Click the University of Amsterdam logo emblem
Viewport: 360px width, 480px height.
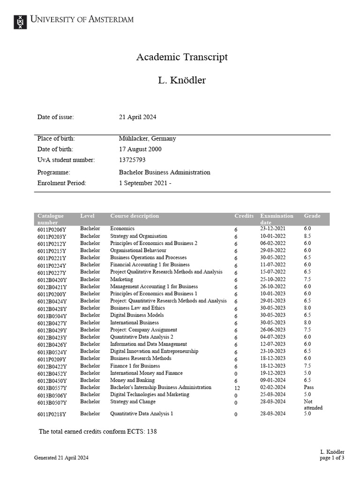pyautogui.click(x=20, y=22)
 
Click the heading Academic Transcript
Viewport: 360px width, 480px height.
pyautogui.click(x=182, y=57)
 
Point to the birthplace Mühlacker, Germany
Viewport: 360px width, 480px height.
pyautogui.click(x=147, y=138)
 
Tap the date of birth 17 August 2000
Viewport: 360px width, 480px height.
pyautogui.click(x=140, y=149)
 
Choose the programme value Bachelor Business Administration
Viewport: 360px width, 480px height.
pyautogui.click(x=165, y=172)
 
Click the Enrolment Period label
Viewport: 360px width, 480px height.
pyautogui.click(x=62, y=183)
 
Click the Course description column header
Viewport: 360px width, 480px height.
pyautogui.click(x=135, y=216)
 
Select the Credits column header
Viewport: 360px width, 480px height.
pyautogui.click(x=244, y=216)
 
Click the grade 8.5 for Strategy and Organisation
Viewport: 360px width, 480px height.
pyautogui.click(x=307, y=236)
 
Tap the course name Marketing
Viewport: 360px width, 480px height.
pyautogui.click(x=121, y=279)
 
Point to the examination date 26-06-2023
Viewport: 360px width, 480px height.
pyautogui.click(x=273, y=330)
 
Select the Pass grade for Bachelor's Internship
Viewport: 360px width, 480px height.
pyautogui.click(x=309, y=387)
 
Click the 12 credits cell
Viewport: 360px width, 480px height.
pyautogui.click(x=237, y=388)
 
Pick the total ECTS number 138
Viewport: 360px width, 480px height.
pyautogui.click(x=152, y=431)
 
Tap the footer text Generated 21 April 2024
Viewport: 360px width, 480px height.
pyautogui.click(x=61, y=457)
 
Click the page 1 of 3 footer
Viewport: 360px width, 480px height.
pyautogui.click(x=332, y=458)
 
